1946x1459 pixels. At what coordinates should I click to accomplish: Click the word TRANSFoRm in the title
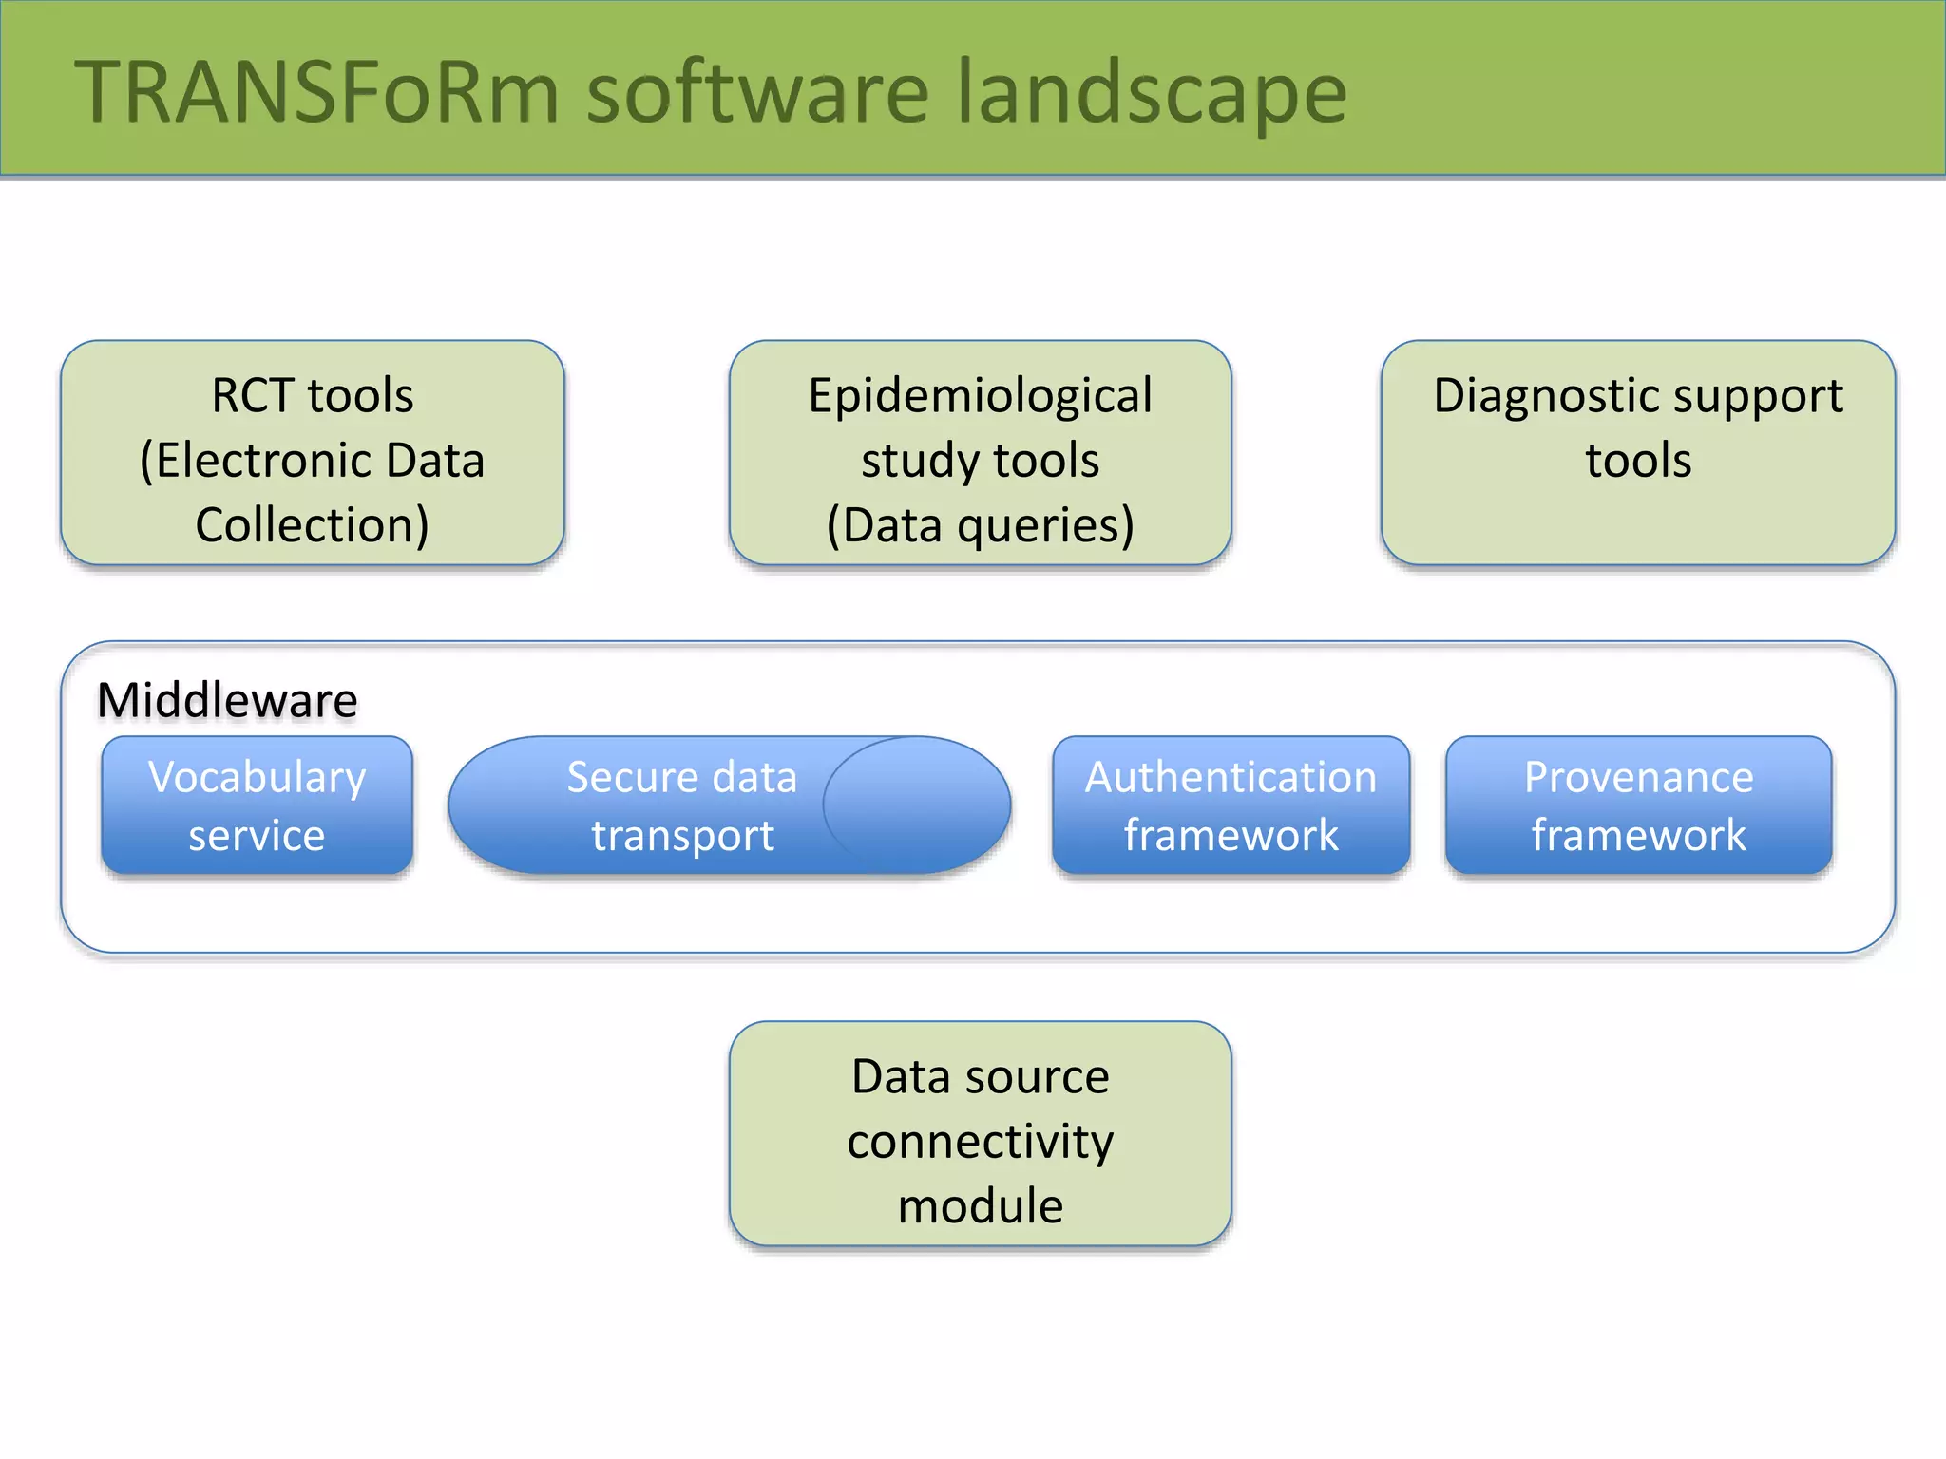317,92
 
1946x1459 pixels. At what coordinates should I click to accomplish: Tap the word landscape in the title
1152,92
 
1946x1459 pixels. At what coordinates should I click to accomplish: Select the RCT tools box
313,454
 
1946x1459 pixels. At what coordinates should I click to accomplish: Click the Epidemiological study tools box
980,454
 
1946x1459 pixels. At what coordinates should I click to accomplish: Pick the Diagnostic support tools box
1637,454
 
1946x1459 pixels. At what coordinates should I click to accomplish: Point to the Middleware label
227,700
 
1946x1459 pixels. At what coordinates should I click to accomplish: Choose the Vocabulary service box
257,805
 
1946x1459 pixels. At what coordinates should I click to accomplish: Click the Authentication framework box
1231,805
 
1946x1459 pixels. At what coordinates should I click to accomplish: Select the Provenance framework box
1638,805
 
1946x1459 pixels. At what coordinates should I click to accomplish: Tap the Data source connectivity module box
980,1134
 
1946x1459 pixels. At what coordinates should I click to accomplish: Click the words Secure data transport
682,805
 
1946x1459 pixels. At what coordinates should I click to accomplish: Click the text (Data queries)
980,525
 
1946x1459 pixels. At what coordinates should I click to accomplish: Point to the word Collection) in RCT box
313,525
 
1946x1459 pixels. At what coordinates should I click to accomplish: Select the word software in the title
757,92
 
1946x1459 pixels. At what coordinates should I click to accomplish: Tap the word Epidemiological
980,396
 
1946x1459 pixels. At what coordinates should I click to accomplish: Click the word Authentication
1231,777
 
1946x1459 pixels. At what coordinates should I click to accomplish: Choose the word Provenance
1638,777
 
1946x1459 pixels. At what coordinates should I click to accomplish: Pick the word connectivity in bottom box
980,1141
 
